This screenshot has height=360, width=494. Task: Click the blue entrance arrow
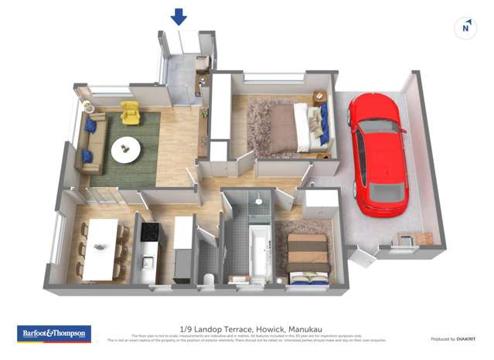click(179, 16)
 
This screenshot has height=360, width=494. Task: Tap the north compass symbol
click(465, 29)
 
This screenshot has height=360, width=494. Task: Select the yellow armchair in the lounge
click(130, 114)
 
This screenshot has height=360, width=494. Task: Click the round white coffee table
click(126, 150)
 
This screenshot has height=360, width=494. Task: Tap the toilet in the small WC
click(207, 277)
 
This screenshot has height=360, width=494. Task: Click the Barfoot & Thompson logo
click(54, 334)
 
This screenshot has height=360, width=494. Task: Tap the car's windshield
click(378, 127)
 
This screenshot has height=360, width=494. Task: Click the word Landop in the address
click(212, 328)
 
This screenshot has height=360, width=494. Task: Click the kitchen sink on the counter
click(148, 263)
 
